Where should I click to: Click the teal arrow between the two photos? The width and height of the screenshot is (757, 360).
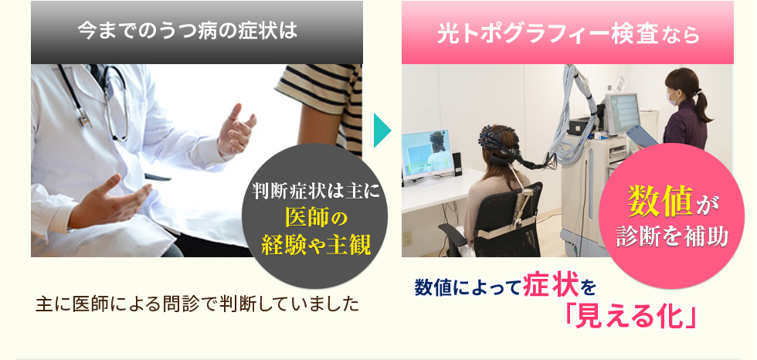click(x=382, y=131)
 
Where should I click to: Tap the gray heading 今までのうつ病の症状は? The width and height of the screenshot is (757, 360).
click(x=187, y=32)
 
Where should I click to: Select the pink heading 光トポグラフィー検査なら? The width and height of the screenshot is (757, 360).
click(x=569, y=34)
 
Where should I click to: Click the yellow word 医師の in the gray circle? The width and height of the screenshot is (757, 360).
click(x=316, y=218)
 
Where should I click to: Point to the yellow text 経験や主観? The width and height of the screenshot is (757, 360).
click(x=316, y=245)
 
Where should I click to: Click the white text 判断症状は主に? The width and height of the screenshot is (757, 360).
click(x=316, y=192)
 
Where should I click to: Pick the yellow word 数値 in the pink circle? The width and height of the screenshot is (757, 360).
click(x=660, y=201)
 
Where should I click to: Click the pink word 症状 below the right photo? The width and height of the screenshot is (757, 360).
click(x=551, y=287)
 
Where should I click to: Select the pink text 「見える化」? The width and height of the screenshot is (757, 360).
click(x=632, y=317)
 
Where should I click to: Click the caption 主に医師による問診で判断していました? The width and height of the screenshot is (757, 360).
click(x=198, y=304)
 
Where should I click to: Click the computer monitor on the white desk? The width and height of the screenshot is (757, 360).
click(x=428, y=155)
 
